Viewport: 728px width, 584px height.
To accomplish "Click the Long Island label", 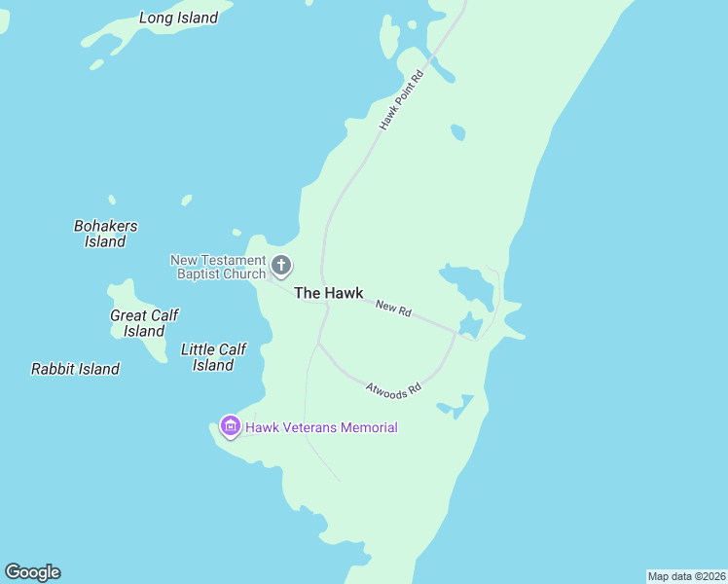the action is (x=178, y=18).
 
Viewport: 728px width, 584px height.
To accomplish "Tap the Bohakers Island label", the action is (x=105, y=234).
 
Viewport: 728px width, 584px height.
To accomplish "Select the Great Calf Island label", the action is (x=144, y=323).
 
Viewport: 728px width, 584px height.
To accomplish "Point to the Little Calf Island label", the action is (x=213, y=357).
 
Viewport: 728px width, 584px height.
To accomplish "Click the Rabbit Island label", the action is (x=75, y=369).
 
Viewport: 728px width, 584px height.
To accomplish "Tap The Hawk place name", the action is (x=328, y=293).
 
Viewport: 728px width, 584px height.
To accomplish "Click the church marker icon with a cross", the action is (x=281, y=265).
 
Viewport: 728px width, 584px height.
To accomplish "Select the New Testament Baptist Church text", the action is (x=218, y=267).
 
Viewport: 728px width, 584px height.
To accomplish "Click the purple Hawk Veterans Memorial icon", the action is (x=231, y=426).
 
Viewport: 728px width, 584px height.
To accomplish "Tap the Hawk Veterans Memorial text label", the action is (x=321, y=427).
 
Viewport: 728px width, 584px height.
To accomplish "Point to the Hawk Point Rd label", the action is (x=403, y=100).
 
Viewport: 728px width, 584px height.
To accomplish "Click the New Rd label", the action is (x=393, y=309).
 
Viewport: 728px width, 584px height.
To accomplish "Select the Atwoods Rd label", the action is (x=393, y=388).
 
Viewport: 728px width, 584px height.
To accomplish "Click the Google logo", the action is (x=32, y=572).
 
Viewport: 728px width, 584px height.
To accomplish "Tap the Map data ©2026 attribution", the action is (x=686, y=576).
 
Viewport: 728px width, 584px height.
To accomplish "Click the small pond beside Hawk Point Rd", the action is (x=457, y=131).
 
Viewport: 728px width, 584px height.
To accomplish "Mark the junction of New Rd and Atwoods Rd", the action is (x=456, y=331).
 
